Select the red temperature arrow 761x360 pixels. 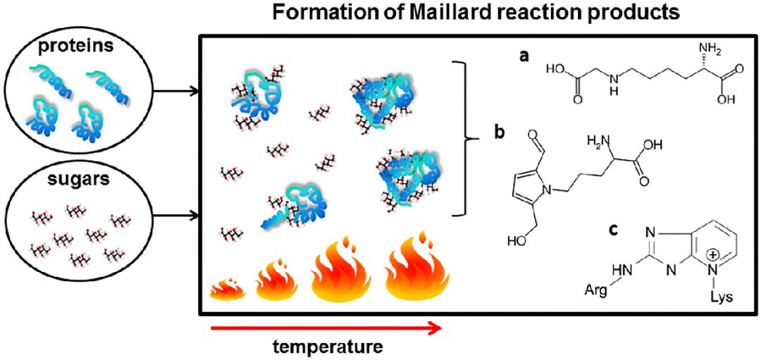[326, 328]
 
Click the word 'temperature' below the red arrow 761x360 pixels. [327, 347]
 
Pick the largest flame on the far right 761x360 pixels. [417, 267]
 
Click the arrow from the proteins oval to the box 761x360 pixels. [175, 90]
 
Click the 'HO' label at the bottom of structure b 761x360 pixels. [516, 240]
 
